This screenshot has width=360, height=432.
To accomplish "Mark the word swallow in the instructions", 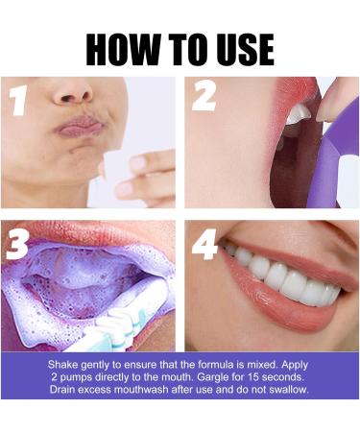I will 288,390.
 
